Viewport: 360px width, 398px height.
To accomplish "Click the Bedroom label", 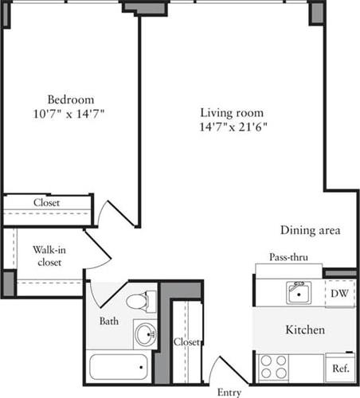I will [70, 99].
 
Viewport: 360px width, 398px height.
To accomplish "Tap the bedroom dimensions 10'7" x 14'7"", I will [70, 114].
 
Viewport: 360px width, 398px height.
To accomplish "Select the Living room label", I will [232, 112].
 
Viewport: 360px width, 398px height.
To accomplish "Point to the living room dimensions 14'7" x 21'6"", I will [232, 127].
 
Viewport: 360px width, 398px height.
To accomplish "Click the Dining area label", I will [311, 231].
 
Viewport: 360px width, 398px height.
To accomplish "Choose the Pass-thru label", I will [289, 258].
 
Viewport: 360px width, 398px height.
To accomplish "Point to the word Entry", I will [231, 392].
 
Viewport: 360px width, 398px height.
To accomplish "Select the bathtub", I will [119, 367].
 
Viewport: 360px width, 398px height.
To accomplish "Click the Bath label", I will [109, 322].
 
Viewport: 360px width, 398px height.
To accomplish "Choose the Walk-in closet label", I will [49, 255].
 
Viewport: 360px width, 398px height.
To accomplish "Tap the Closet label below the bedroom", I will [46, 203].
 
